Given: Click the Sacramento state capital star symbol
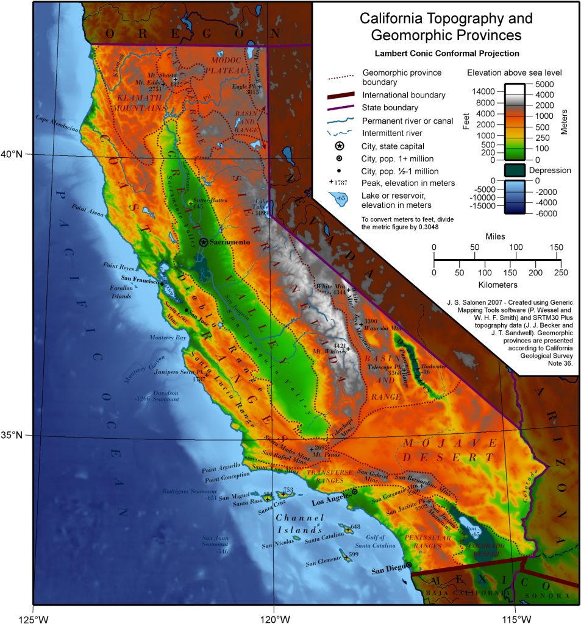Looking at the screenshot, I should [204, 242].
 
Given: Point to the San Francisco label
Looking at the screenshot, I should [140, 282].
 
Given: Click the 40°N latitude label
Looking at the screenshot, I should [12, 154].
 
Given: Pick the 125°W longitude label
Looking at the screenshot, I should [33, 620].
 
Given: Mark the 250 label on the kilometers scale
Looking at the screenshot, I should [561, 272].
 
